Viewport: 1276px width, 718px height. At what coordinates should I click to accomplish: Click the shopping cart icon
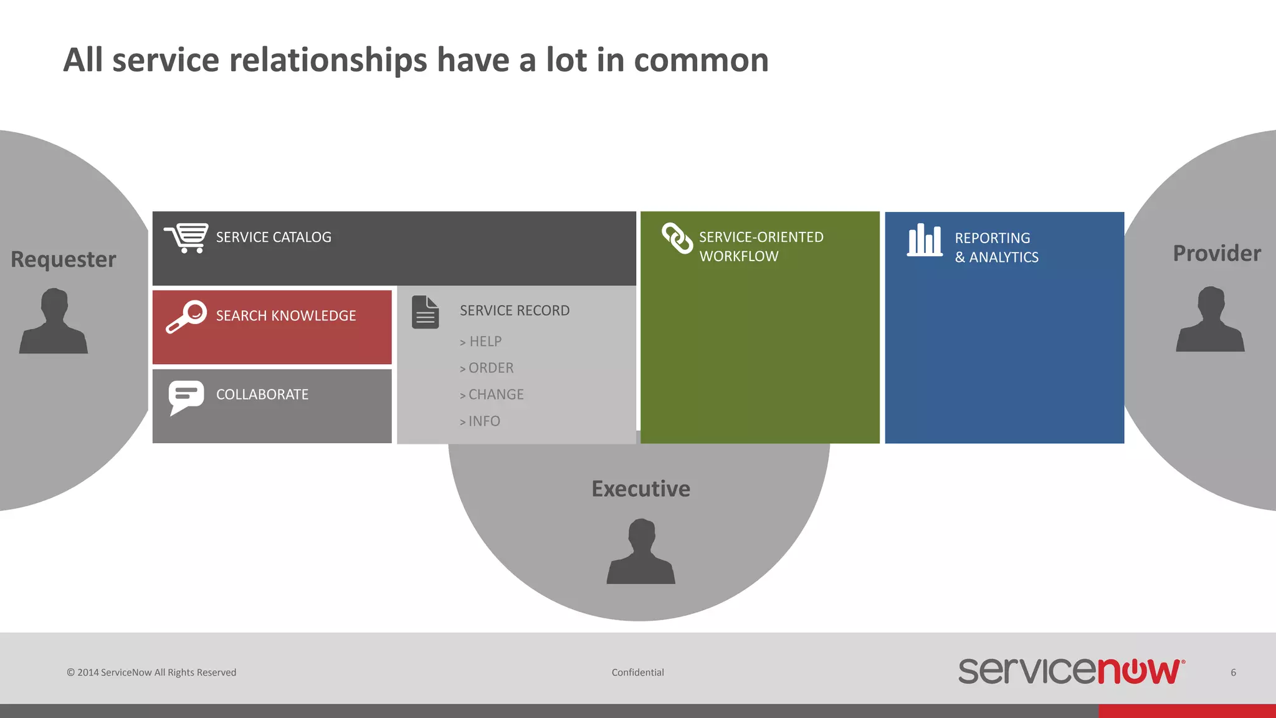[186, 238]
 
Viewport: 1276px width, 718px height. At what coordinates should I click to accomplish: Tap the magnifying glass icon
[186, 317]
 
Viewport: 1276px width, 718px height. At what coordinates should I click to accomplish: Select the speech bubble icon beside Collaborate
[186, 397]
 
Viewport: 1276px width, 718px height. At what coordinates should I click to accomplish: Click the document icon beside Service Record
[426, 312]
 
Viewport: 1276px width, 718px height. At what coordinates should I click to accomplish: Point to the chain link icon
[677, 239]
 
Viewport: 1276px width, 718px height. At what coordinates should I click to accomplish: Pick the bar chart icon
[925, 240]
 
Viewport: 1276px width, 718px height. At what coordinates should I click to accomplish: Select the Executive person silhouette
[641, 552]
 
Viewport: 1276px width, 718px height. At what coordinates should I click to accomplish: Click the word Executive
[641, 489]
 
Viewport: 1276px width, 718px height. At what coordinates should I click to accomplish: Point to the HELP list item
[481, 342]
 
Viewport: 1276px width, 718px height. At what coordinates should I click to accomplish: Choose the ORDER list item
[487, 368]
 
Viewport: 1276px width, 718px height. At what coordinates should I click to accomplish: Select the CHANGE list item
[492, 395]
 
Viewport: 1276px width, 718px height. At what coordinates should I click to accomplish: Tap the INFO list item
[480, 421]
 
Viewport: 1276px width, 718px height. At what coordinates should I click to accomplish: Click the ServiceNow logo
[1071, 671]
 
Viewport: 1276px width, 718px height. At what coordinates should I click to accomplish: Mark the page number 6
[1233, 673]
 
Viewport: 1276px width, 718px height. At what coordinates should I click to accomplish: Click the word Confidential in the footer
[637, 673]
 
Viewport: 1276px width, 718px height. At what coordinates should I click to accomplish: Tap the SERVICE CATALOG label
[274, 237]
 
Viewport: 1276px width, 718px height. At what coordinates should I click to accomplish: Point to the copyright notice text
[151, 673]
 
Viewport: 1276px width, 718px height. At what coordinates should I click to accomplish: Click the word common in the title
[701, 60]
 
